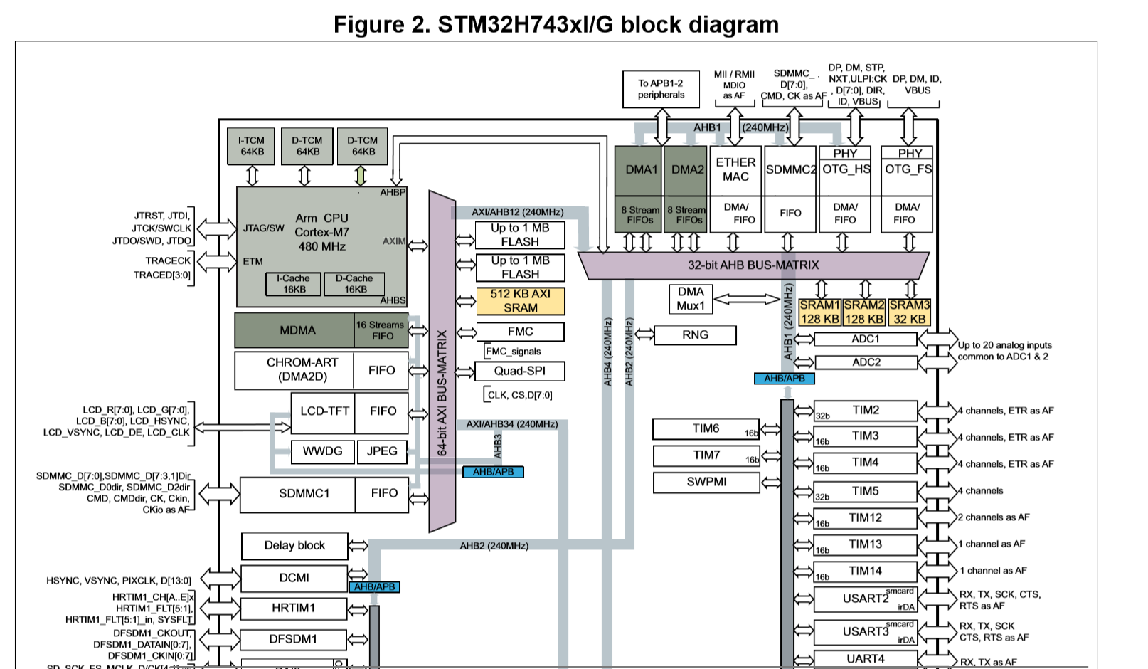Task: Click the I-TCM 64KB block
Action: (252, 147)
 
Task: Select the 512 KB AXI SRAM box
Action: (520, 301)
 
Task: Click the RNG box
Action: (695, 334)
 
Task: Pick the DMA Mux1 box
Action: (690, 299)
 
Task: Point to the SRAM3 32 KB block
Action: (909, 312)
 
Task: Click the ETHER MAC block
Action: (735, 170)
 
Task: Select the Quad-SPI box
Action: (520, 371)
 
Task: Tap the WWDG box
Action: (322, 451)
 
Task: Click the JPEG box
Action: (382, 451)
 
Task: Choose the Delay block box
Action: (294, 546)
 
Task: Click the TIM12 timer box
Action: (865, 518)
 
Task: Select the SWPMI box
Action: (706, 482)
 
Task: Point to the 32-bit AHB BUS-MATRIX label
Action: (753, 265)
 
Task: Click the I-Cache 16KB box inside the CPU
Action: (293, 284)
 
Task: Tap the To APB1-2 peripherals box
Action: (660, 89)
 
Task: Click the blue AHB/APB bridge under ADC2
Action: (785, 379)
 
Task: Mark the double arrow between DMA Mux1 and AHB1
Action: (746, 300)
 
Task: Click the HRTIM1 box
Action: (293, 609)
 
